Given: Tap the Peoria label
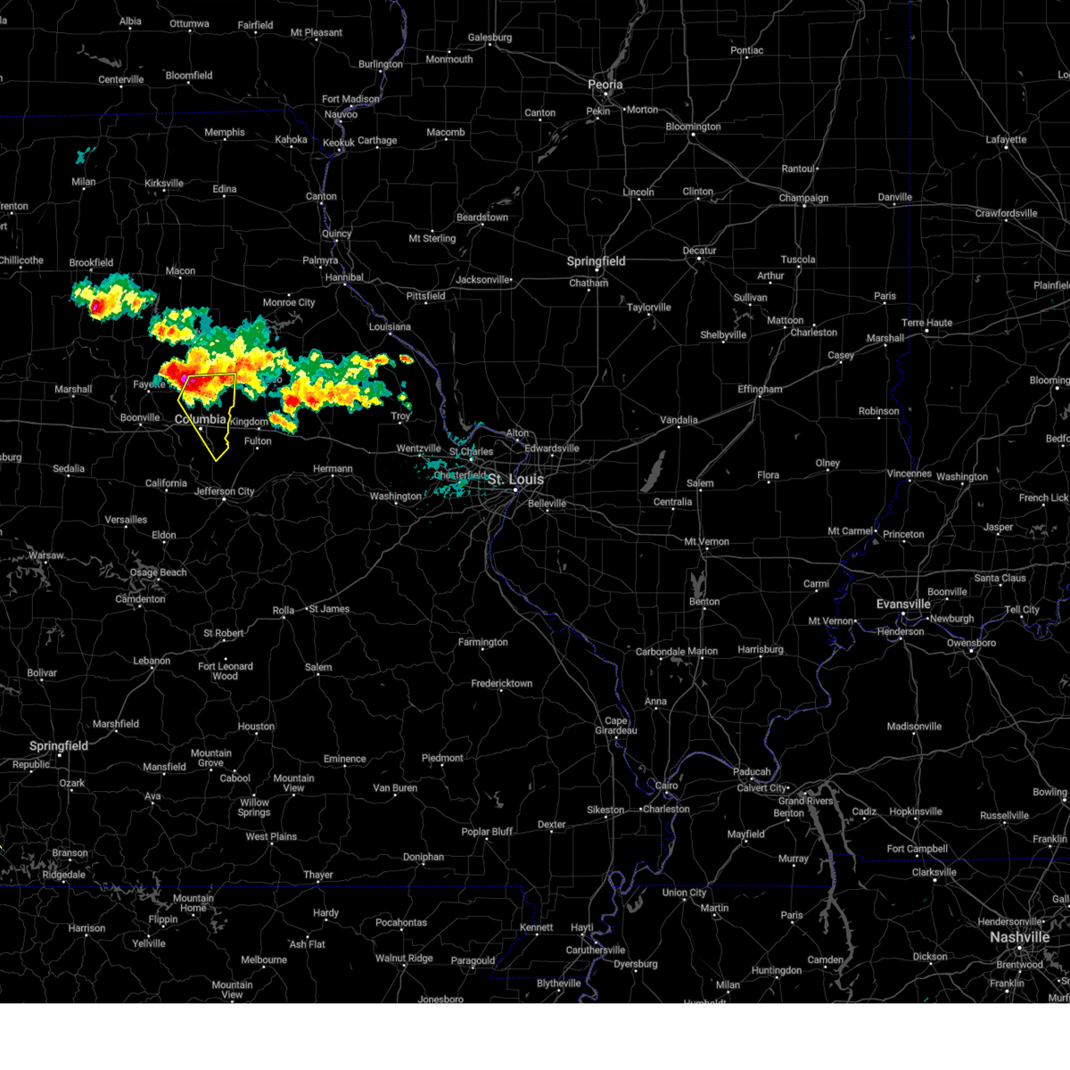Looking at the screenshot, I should coord(605,85).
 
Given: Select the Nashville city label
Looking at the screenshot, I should coord(1019,937).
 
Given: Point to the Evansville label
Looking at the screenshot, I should coord(903,604).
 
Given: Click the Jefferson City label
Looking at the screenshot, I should coord(224,491).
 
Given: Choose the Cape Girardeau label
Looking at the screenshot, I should coord(616,726).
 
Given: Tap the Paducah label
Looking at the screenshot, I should coord(752,772).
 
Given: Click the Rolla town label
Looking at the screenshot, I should coord(283,611).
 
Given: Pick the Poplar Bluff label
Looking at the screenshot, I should coord(487,832).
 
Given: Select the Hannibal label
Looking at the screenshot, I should coord(343,277).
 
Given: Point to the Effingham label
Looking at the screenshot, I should coord(760,390).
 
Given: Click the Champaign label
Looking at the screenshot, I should coord(803,198).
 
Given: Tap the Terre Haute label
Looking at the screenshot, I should coord(926,323).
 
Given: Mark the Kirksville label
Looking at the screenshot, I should coord(164,184).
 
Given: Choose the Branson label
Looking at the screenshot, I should coord(70,853).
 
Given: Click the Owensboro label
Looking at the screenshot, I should coord(971,643).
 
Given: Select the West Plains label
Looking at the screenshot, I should coord(271,836).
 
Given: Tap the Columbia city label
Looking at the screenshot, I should coord(201,419).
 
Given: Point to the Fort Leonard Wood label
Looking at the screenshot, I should coord(226,671).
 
